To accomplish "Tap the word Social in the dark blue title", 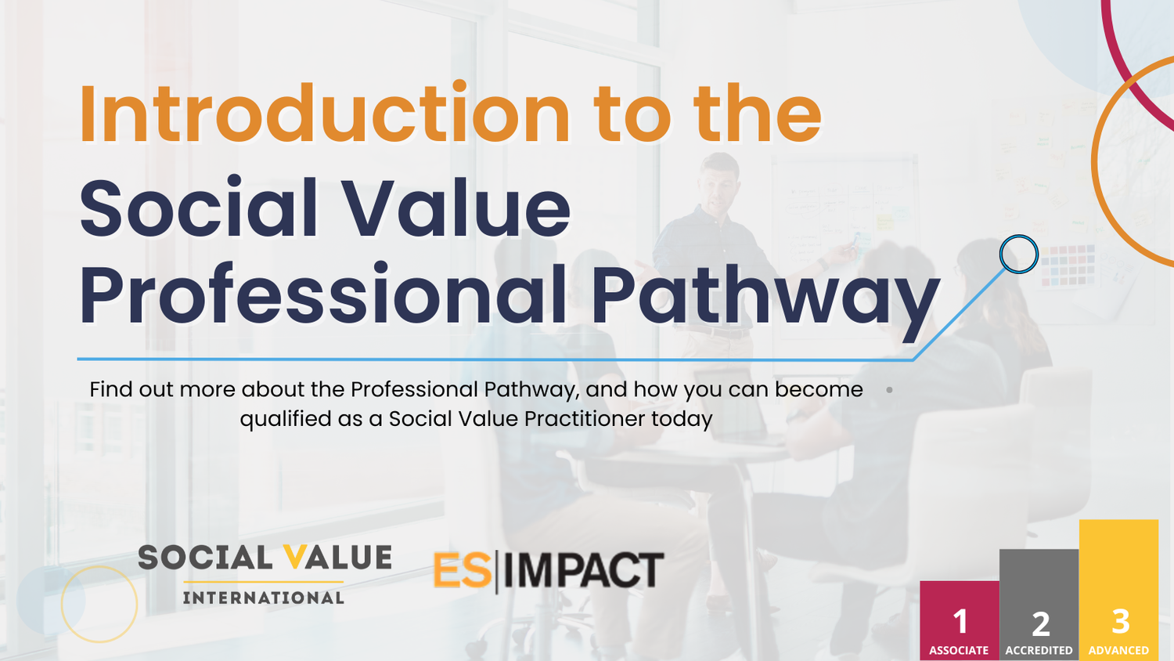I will (199, 209).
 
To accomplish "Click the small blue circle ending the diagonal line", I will (1019, 254).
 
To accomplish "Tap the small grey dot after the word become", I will (889, 389).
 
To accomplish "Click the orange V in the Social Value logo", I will (296, 558).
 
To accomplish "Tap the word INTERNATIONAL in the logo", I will (264, 598).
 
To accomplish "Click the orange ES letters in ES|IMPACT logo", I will (462, 570).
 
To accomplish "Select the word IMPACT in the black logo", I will (583, 570).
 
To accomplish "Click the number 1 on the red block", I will (960, 622).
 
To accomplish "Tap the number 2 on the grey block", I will (1040, 624).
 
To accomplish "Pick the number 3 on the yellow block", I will (1121, 622).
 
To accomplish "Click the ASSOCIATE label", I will (959, 651).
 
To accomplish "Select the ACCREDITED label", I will (1039, 651).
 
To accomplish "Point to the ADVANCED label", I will (1118, 651).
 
